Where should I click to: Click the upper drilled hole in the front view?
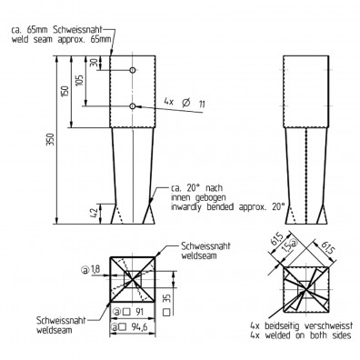[x=133, y=70]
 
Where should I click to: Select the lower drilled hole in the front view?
[x=133, y=106]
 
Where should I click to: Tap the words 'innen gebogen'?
[x=195, y=196]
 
